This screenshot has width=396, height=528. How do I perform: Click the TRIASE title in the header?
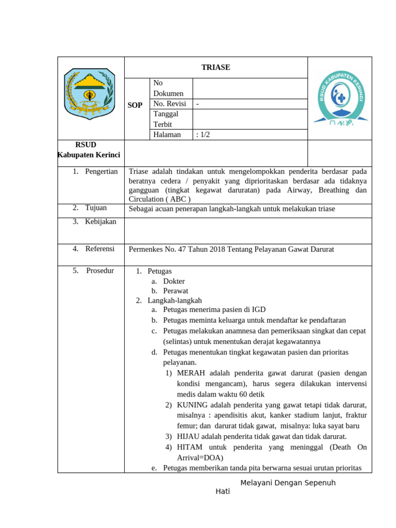coord(216,68)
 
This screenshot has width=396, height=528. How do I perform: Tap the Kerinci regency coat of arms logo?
coord(89,94)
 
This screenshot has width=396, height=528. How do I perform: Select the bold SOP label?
coord(135,105)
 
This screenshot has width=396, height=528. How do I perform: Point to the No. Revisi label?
coord(171,104)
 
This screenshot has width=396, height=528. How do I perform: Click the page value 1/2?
coord(203,135)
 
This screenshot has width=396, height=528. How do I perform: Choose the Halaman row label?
coord(167,135)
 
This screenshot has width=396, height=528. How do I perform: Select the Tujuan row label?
coord(96,208)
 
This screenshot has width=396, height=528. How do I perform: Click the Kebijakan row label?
coord(101,222)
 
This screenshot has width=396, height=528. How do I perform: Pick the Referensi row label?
coord(100,249)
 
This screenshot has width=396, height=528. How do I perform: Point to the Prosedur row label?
coord(100,271)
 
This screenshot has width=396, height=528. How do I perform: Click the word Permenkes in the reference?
coord(145,250)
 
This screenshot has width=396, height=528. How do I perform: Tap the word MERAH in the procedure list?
coord(191,373)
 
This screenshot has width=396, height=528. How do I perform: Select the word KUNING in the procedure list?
coord(193,405)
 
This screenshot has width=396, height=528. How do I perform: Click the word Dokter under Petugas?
coord(174,281)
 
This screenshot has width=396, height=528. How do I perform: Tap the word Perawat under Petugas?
coord(175,291)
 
